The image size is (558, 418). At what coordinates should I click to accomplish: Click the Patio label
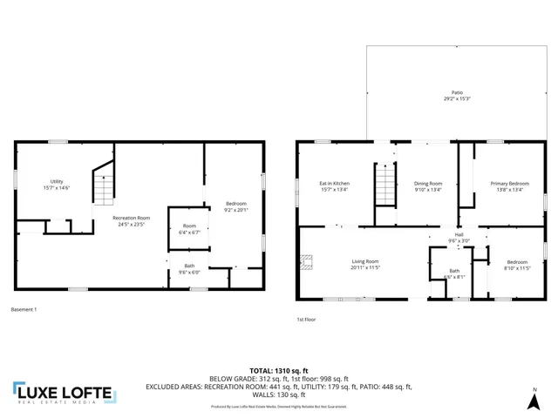coord(458,92)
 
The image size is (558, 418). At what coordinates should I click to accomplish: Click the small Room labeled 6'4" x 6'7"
coord(189,229)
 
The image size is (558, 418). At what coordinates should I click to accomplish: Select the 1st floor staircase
coord(384,185)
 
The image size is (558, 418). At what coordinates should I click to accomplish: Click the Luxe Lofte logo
coord(63,394)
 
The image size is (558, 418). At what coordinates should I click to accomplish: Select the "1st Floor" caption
coord(306,320)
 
